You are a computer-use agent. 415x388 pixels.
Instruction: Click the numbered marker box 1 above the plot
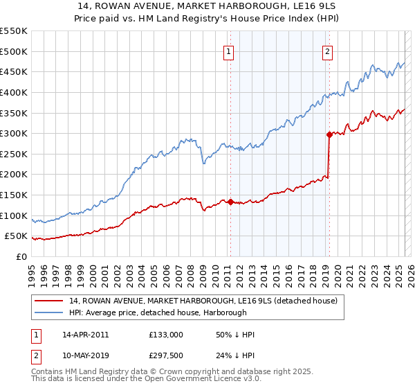coord(229,51)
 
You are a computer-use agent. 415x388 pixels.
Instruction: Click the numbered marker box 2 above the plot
coord(327,51)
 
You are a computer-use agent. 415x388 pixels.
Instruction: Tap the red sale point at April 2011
coord(230,202)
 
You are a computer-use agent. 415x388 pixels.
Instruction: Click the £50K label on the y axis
coord(17,236)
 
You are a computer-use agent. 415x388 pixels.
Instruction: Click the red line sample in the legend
coord(50,301)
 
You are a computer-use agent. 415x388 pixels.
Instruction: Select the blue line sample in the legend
coord(50,312)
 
